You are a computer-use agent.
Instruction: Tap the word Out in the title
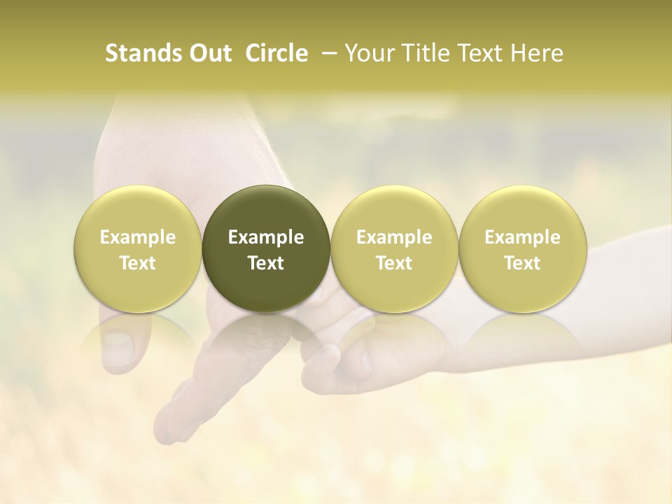[209, 53]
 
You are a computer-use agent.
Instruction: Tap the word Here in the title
[538, 53]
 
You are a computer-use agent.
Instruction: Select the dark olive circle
[265, 248]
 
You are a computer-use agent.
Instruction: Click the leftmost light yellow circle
[137, 248]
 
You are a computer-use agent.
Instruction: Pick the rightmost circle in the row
[522, 248]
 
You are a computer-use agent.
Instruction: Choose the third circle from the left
[394, 248]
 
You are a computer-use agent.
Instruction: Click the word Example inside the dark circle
[265, 237]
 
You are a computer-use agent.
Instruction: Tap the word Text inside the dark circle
[265, 263]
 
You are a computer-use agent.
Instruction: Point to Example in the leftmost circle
[137, 237]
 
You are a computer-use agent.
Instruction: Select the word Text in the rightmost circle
[522, 263]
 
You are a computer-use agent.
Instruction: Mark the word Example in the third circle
[394, 237]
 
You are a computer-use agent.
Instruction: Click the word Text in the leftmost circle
[137, 263]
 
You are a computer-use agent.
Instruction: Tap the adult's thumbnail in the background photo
[117, 344]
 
